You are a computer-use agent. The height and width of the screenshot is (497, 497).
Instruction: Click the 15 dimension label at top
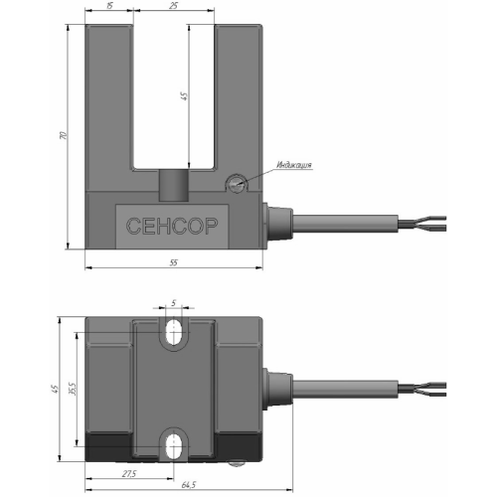pyautogui.click(x=109, y=6)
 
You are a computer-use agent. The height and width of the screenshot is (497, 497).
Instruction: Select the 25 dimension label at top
pyautogui.click(x=173, y=6)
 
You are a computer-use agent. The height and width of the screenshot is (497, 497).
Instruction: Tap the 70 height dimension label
pyautogui.click(x=63, y=135)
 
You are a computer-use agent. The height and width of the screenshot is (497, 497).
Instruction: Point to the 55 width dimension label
pyautogui.click(x=174, y=262)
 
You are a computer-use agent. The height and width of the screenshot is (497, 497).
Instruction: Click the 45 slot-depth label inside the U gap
pyautogui.click(x=184, y=96)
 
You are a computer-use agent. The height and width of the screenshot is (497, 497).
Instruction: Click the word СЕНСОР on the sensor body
pyautogui.click(x=172, y=226)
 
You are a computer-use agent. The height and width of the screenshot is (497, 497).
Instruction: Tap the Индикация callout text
pyautogui.click(x=294, y=165)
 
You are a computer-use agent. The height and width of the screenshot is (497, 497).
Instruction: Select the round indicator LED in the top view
pyautogui.click(x=237, y=183)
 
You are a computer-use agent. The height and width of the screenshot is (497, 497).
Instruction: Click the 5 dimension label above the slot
pyautogui.click(x=173, y=302)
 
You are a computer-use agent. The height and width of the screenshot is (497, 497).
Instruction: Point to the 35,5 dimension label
pyautogui.click(x=73, y=389)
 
